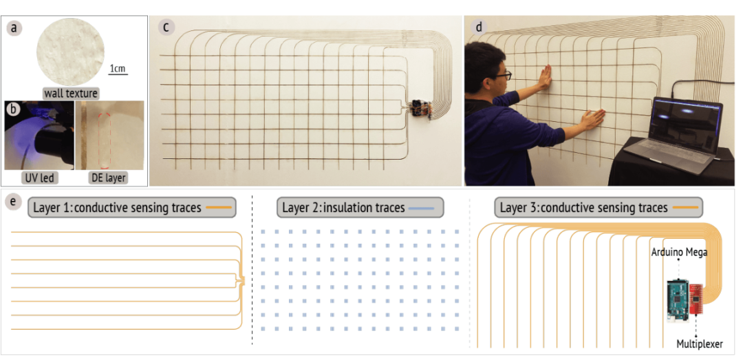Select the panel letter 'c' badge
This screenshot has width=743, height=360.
tap(166, 28)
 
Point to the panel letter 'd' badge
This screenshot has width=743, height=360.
tap(479, 28)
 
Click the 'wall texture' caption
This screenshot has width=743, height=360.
tap(70, 94)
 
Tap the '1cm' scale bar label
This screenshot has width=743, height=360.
tap(118, 68)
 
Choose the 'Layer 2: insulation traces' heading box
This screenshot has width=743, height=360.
tap(360, 208)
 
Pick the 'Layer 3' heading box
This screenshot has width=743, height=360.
tap(598, 208)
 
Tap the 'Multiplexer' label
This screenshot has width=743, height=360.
tap(700, 344)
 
